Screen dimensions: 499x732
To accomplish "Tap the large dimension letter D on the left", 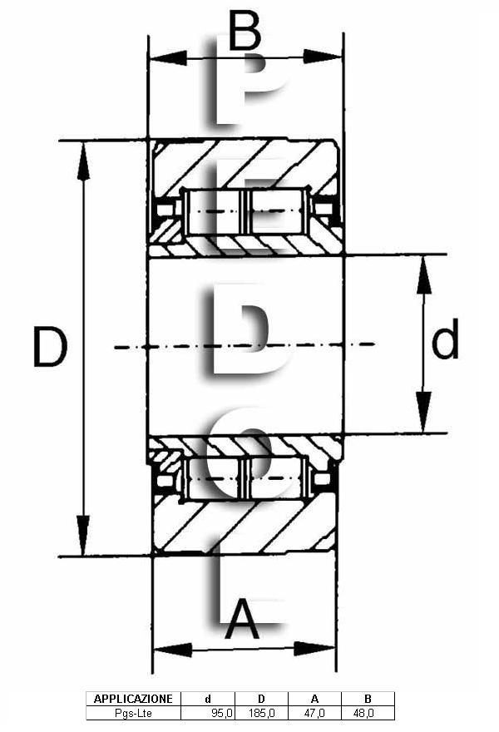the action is coord(51,347).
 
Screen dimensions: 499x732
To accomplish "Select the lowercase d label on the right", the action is coord(445,339).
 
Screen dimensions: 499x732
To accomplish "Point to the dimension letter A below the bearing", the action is coord(242,620).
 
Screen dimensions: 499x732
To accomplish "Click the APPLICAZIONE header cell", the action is coord(133,699).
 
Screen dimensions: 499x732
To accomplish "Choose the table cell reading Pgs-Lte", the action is coord(133,713).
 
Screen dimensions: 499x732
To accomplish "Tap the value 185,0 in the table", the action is coord(262,713).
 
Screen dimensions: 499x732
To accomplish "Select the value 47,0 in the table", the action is coord(314,713).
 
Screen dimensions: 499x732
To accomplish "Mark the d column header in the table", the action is coord(208,699).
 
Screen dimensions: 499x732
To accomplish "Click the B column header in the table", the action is coord(368,699).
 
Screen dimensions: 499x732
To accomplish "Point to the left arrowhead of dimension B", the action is coord(168,58).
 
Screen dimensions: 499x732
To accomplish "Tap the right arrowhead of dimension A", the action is coord(314,649).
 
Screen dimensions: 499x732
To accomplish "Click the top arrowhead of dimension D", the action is coord(84,161).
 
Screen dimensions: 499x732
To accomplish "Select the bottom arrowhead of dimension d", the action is coord(423,411).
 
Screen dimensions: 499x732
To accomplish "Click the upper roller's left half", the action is coord(214,211).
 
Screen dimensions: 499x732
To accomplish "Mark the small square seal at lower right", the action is coord(322,479).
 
